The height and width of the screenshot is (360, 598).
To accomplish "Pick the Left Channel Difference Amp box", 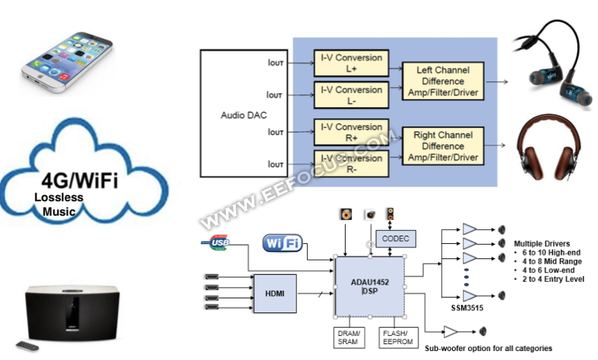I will [x=443, y=81].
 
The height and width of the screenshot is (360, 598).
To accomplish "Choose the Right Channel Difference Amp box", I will [x=443, y=146].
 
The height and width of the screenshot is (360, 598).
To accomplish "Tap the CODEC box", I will [x=395, y=238].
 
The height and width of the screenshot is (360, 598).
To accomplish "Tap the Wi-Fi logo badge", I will [x=282, y=243].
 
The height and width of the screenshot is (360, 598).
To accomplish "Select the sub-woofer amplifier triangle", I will [x=451, y=331].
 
